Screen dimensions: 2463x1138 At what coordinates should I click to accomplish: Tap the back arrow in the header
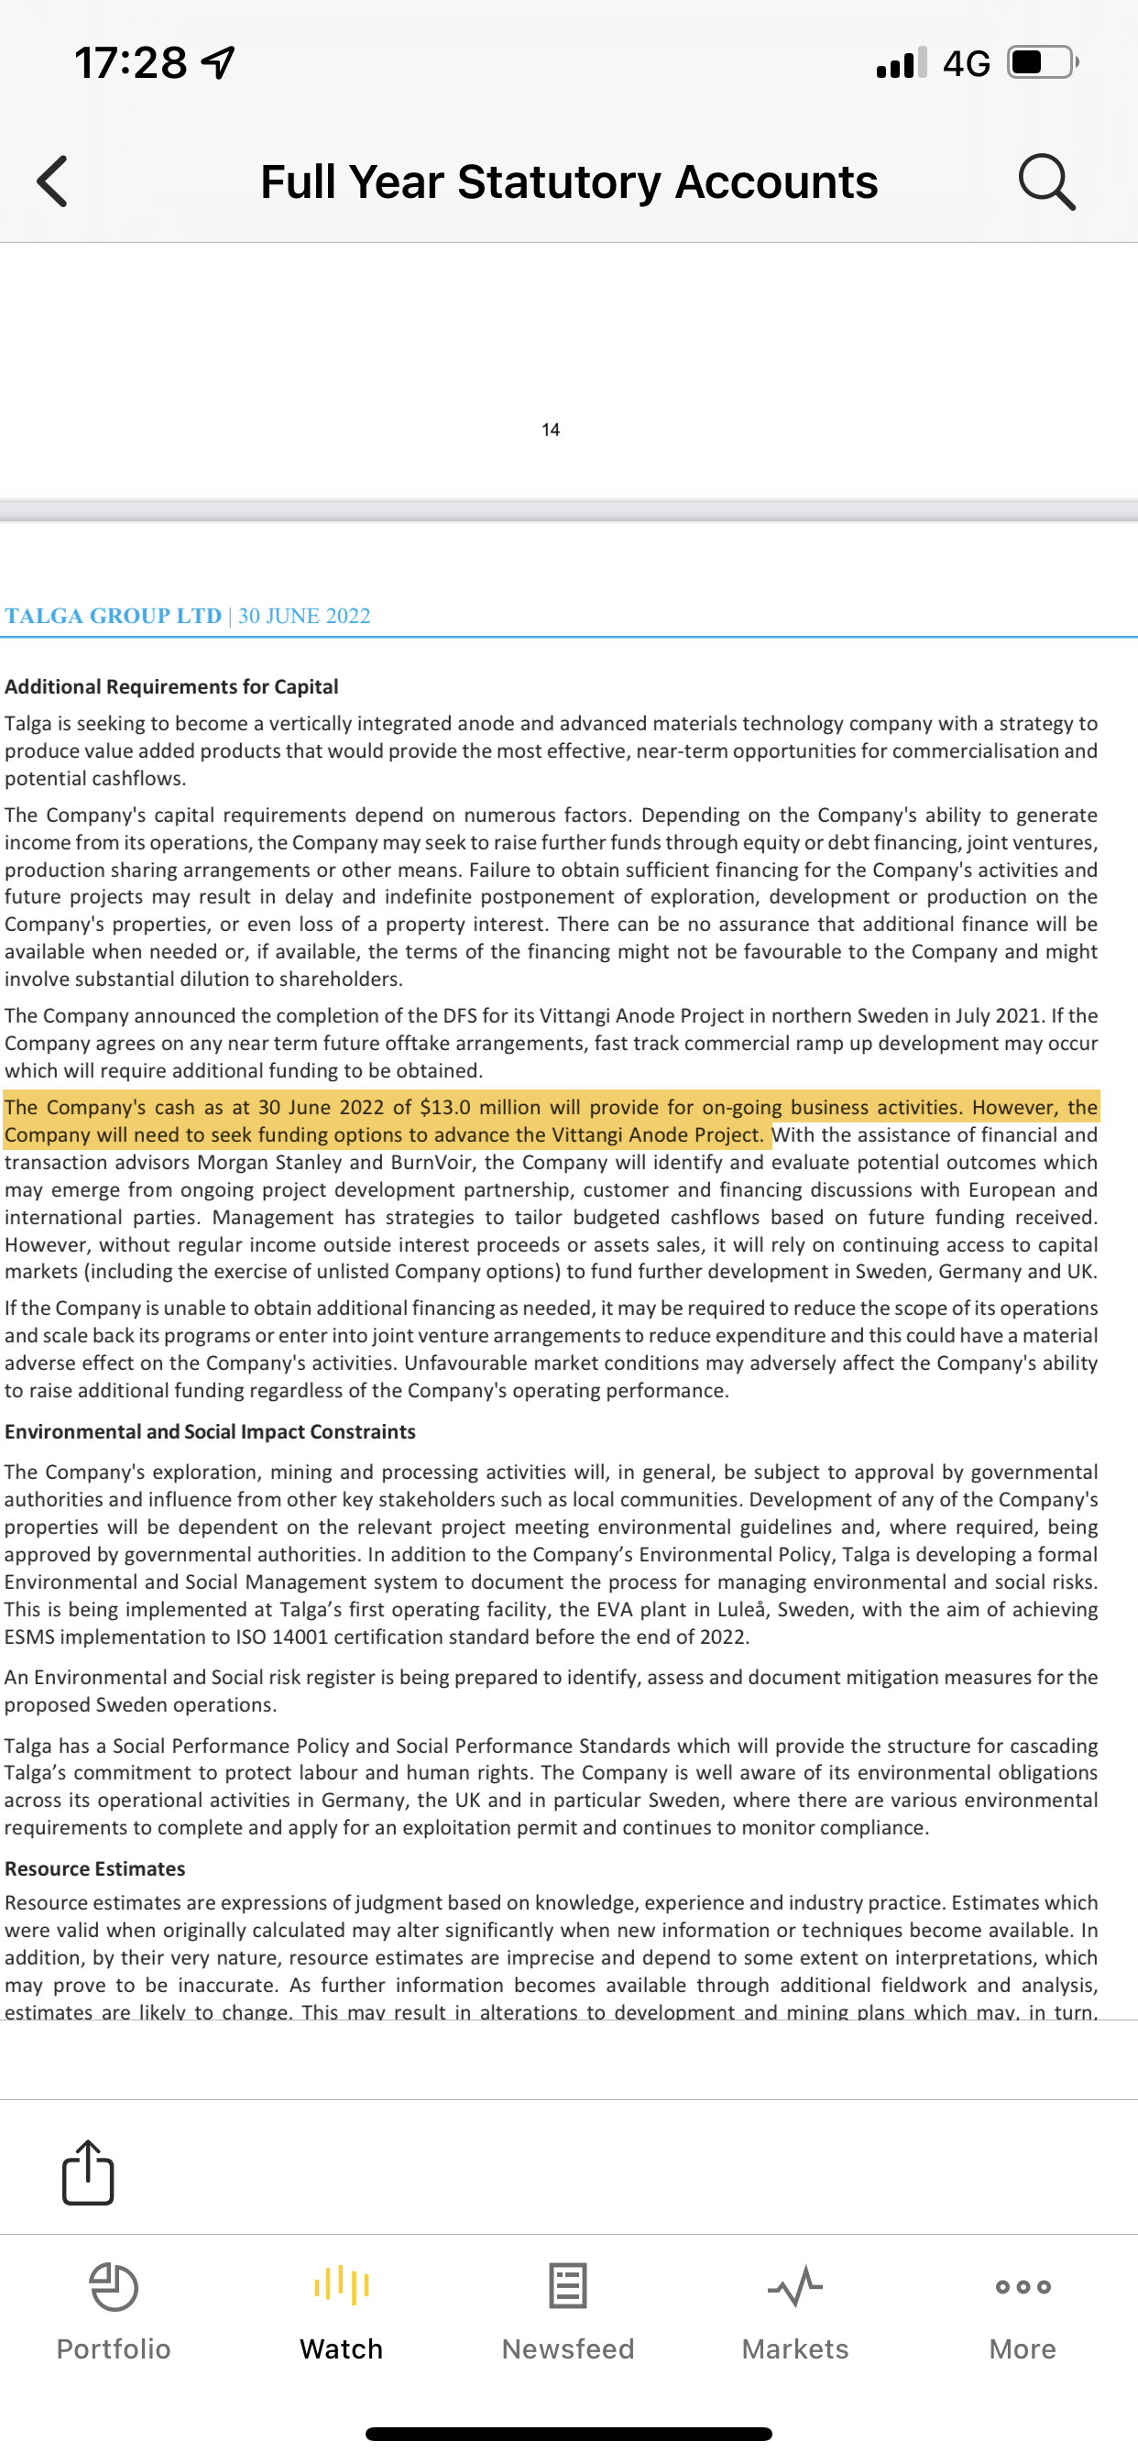52,181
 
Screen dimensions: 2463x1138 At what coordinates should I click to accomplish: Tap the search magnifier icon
1046,181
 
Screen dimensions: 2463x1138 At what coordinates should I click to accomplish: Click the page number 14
551,431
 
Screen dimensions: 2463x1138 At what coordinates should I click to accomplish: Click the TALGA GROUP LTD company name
113,616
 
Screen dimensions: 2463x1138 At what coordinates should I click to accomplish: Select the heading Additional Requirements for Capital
172,686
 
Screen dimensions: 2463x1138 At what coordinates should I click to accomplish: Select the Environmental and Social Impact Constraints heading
211,1431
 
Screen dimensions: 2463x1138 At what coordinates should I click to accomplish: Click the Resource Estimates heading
95,1868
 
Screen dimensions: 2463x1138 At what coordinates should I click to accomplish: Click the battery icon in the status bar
1042,63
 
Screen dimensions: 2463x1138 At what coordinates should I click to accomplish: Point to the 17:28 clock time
131,63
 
